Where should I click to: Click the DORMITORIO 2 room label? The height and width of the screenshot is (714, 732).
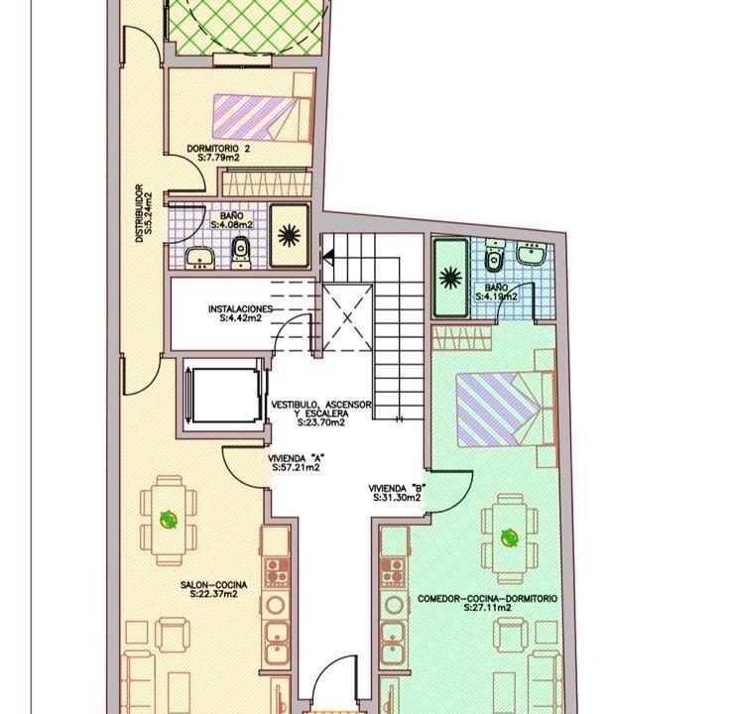coord(218,149)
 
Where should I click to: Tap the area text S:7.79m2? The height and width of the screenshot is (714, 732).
coord(218,158)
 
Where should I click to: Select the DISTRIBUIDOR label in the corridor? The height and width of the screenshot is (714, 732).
coord(139,213)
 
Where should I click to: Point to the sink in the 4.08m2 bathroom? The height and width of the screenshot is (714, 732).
coord(199,259)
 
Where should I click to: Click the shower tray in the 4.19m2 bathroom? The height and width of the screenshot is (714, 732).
coord(451,278)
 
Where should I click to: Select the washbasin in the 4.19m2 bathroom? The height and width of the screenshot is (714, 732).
coord(532,254)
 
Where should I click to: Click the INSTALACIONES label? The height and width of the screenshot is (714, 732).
coord(240,309)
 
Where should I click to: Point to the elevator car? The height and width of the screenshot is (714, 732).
coord(223,396)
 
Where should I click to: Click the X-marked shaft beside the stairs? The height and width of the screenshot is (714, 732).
coord(348,318)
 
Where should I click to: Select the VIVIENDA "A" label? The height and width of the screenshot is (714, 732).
coord(296,458)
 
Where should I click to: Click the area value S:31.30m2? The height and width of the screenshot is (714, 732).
coord(398,498)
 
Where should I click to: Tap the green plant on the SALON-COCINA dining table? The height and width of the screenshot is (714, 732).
coord(169,519)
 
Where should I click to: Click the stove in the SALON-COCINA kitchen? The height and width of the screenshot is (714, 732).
coord(277,571)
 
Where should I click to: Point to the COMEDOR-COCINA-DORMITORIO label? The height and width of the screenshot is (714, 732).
coord(487,599)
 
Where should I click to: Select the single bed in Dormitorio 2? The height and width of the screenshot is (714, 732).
coord(263,119)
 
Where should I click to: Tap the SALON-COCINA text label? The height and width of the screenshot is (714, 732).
coord(214,585)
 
